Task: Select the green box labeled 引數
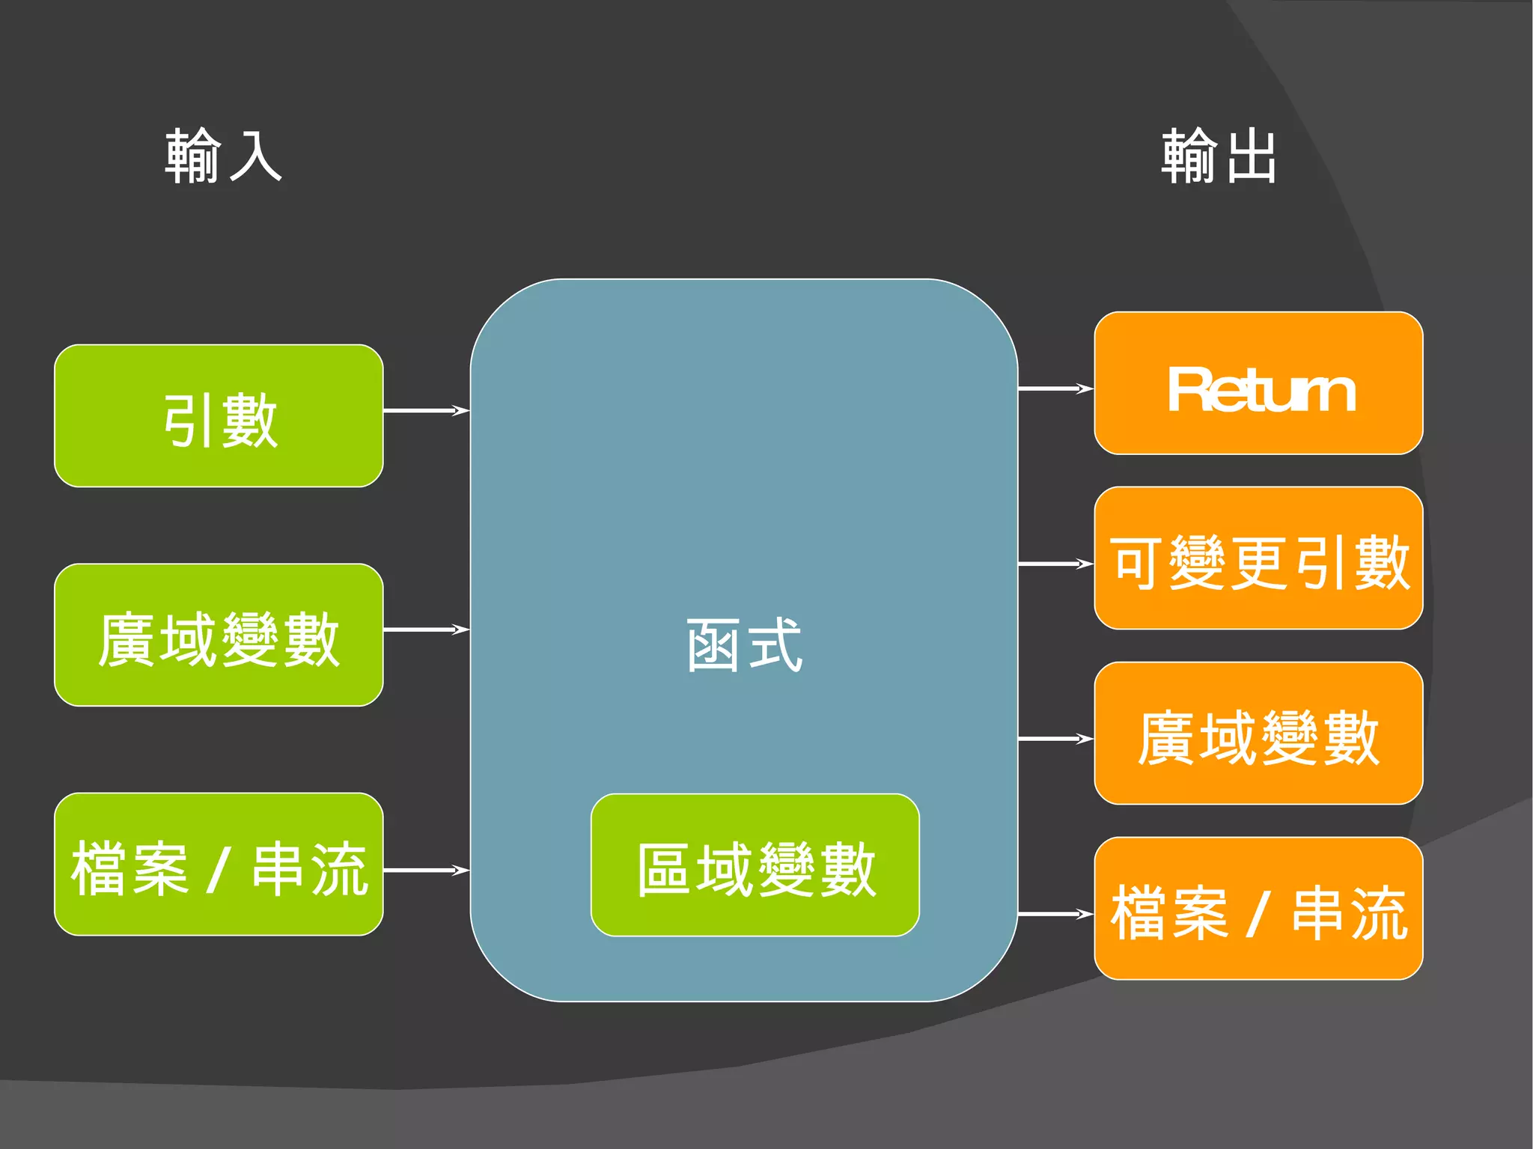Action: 219,416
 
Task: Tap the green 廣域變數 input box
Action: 219,636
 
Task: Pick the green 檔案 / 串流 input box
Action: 219,865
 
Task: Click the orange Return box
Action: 1258,383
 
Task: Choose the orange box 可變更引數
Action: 1258,558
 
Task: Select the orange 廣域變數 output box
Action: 1258,734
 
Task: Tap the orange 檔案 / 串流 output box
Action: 1258,909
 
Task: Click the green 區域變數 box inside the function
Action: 755,865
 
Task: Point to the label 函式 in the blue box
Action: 744,645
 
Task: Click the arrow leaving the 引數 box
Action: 426,410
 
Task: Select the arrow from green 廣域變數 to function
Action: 426,630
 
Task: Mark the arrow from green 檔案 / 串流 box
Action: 426,870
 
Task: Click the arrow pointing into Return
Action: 1055,388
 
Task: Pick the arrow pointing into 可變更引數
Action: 1055,564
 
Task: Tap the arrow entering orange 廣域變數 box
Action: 1055,739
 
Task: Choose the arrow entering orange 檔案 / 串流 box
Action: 1055,914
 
